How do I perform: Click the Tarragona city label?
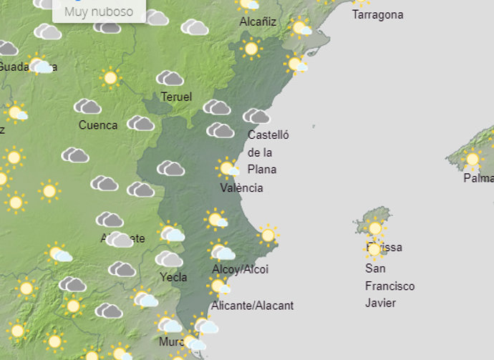click(377, 14)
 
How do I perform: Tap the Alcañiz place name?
click(258, 22)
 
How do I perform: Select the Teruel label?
click(176, 97)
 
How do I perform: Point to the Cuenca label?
click(98, 125)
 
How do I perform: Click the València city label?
click(241, 188)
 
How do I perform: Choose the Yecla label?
click(174, 277)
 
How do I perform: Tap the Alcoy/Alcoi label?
click(241, 269)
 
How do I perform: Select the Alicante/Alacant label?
click(253, 306)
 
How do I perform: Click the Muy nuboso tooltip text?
click(98, 11)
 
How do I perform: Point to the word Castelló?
click(268, 135)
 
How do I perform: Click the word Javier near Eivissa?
click(381, 303)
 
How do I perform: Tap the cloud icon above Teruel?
click(170, 78)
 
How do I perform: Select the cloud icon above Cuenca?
click(87, 107)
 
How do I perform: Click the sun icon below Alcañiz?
click(251, 49)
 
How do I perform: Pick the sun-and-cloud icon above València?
click(228, 168)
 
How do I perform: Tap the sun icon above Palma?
click(472, 158)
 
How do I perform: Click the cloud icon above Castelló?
click(256, 116)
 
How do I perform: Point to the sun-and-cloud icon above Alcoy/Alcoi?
click(221, 251)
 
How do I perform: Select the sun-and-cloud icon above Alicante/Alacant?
click(219, 287)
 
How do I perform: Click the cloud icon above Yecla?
click(169, 258)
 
